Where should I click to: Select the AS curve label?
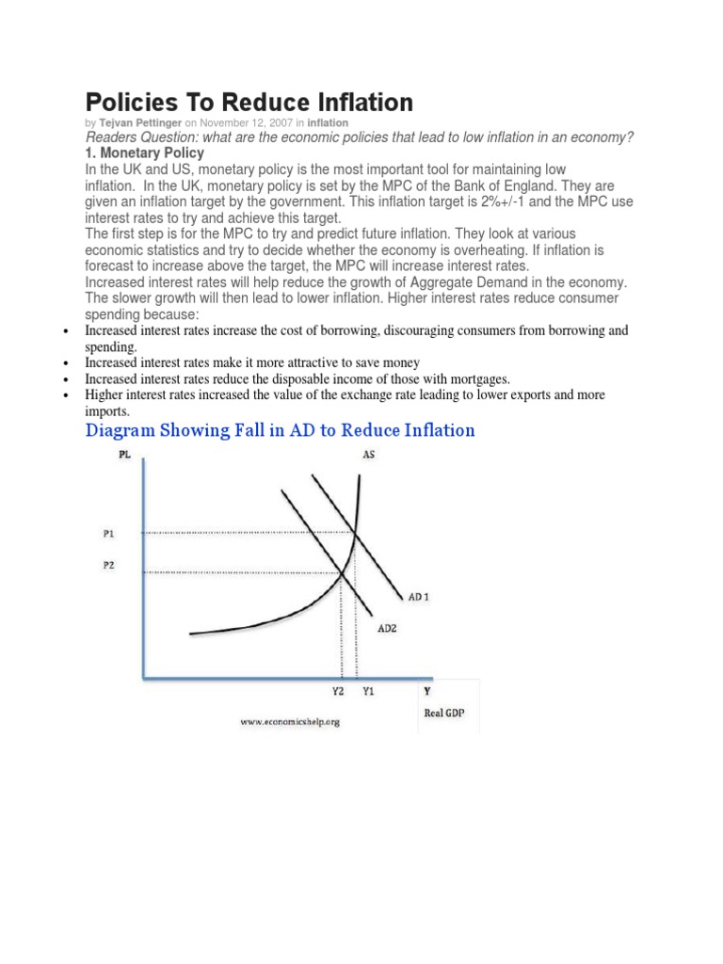368,456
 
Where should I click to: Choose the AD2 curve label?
387,628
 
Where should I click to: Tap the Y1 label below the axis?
370,691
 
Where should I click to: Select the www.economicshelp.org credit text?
289,722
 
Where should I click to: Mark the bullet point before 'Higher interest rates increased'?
64,396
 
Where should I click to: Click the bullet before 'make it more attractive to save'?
64,363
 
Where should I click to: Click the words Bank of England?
514,185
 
